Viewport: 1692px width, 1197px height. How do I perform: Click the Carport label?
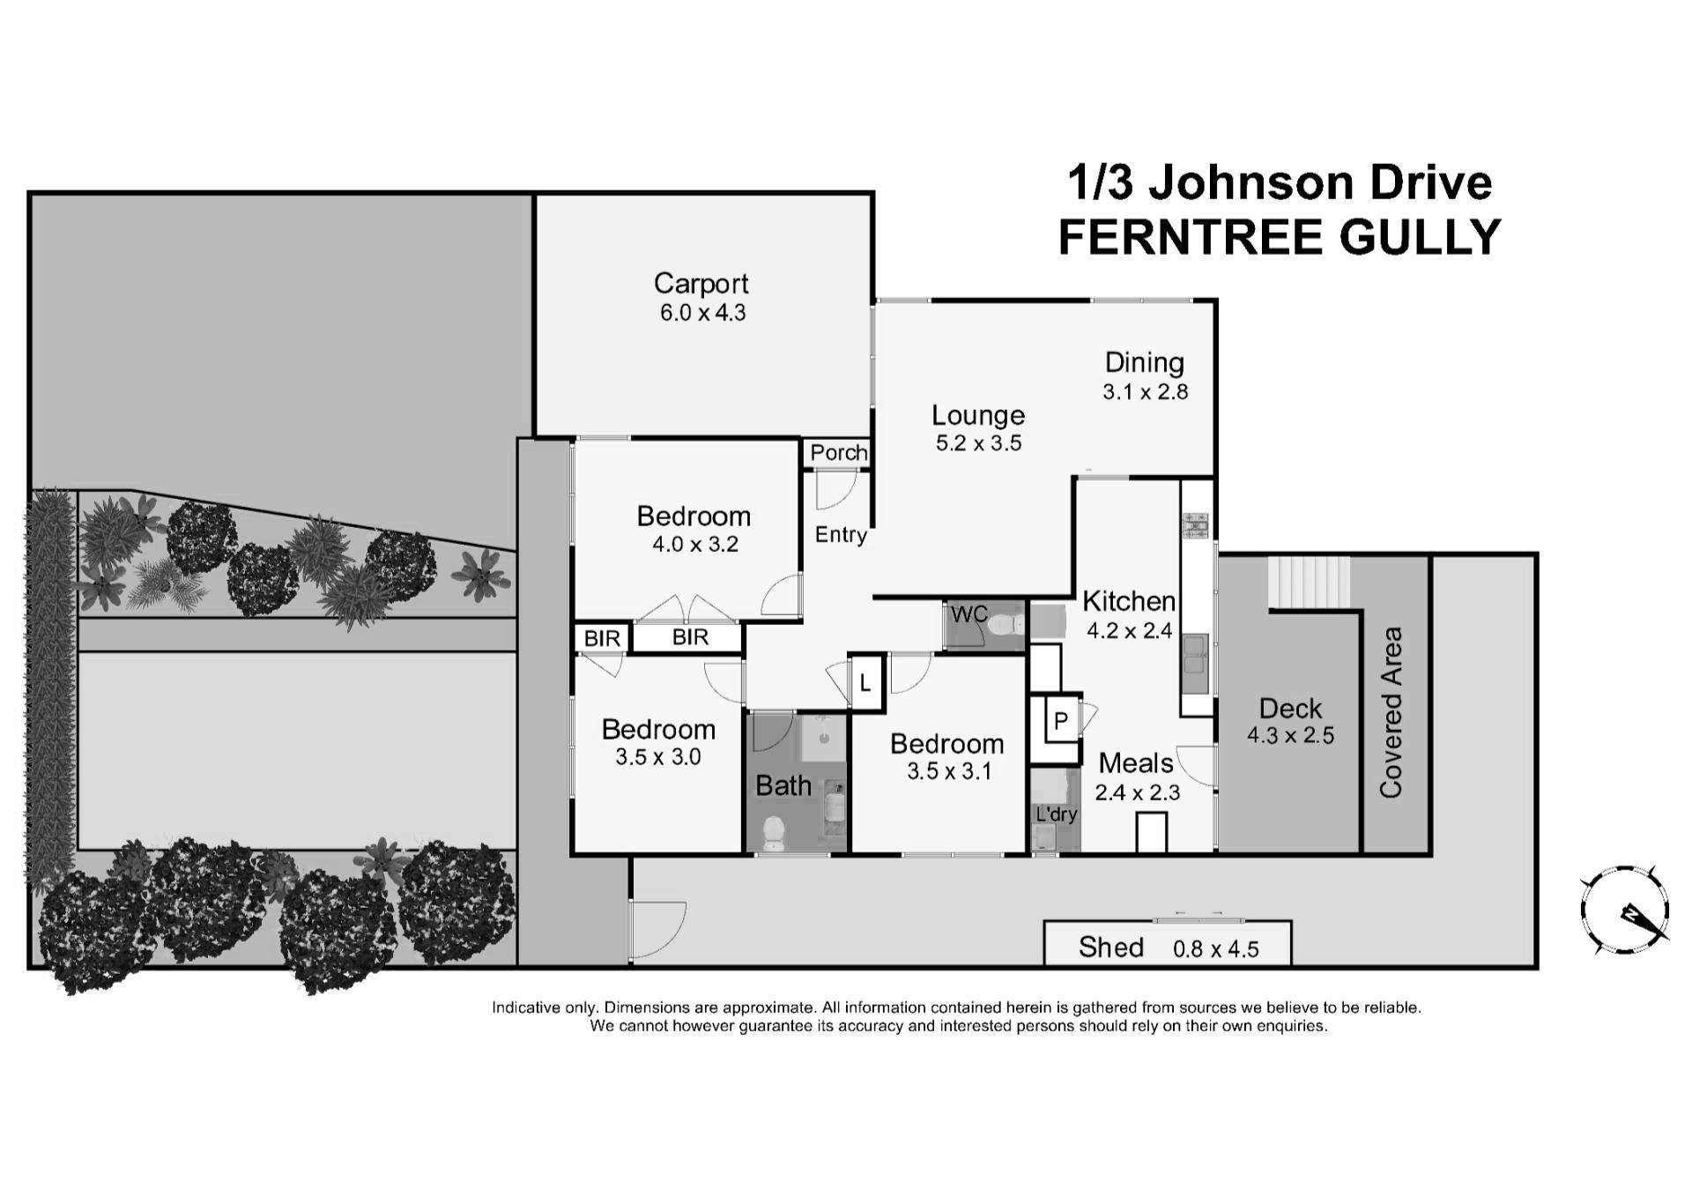701,283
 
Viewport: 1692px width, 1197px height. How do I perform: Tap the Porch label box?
838,452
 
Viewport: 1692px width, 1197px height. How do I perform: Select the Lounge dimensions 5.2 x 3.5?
978,443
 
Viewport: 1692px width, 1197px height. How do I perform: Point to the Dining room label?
1144,362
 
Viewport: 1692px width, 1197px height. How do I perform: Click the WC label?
968,613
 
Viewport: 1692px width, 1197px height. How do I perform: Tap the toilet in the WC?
1005,625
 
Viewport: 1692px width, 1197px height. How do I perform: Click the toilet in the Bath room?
773,833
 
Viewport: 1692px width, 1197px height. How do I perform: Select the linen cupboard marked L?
865,682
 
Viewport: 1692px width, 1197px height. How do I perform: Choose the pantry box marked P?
1061,721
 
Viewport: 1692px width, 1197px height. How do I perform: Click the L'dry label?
1056,814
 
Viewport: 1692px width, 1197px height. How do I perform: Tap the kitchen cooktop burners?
1196,525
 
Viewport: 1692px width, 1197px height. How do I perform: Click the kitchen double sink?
1197,653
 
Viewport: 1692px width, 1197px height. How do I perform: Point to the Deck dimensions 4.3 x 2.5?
1290,735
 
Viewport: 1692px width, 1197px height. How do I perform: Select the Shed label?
1110,947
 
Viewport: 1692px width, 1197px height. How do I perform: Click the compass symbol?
1624,911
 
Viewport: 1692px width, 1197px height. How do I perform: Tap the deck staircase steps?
1309,582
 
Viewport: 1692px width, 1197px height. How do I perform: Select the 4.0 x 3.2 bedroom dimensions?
694,545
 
